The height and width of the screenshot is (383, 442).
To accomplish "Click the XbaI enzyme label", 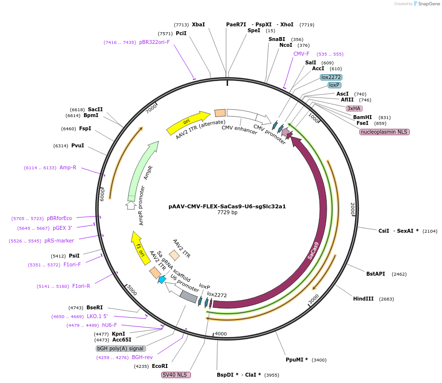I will [x=198, y=24].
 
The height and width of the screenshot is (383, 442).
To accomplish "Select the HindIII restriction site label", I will [x=363, y=299].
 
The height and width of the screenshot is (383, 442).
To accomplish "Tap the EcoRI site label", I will [x=160, y=366].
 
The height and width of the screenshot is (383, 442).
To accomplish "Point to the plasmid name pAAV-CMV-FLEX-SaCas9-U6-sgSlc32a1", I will [x=227, y=206].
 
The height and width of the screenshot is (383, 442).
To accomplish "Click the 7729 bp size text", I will [x=227, y=212].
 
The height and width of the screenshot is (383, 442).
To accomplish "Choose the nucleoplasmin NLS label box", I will [x=384, y=132].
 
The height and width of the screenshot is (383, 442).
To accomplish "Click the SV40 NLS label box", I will [x=176, y=375].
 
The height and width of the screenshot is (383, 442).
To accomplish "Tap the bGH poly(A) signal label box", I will [x=121, y=348].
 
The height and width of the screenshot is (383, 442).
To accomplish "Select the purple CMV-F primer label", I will [x=301, y=54].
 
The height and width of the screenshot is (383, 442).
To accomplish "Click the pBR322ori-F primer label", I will [x=154, y=42].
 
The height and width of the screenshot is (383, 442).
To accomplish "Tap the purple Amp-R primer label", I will [x=68, y=167].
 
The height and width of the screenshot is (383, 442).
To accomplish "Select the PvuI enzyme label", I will [x=78, y=145].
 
